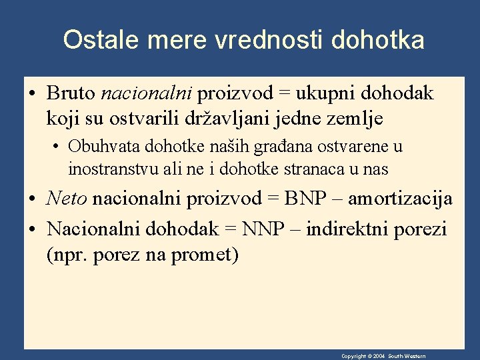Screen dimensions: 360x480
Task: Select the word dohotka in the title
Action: click(377, 40)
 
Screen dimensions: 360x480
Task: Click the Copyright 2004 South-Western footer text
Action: click(383, 357)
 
